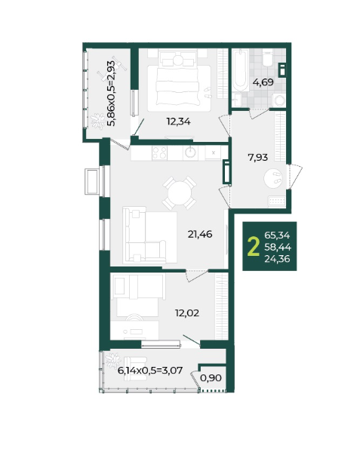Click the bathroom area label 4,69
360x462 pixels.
[263, 82]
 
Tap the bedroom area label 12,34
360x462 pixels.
[179, 121]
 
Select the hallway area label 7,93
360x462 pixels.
[258, 158]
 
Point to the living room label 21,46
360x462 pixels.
[200, 234]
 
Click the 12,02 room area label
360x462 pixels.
[187, 313]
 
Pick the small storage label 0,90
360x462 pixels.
[211, 377]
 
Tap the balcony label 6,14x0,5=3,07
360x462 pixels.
[150, 371]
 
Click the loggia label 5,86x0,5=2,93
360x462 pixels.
[111, 94]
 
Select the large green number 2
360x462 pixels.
[254, 246]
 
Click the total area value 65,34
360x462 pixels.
[277, 236]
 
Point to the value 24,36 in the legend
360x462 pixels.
[277, 259]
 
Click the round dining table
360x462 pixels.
[180, 193]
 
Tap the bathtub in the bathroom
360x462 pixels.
[240, 70]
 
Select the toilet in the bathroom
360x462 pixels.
[268, 58]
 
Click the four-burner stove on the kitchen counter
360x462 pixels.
[159, 152]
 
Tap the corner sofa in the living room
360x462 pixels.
[149, 235]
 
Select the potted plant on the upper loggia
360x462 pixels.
[98, 121]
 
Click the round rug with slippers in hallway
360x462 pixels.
[273, 179]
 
